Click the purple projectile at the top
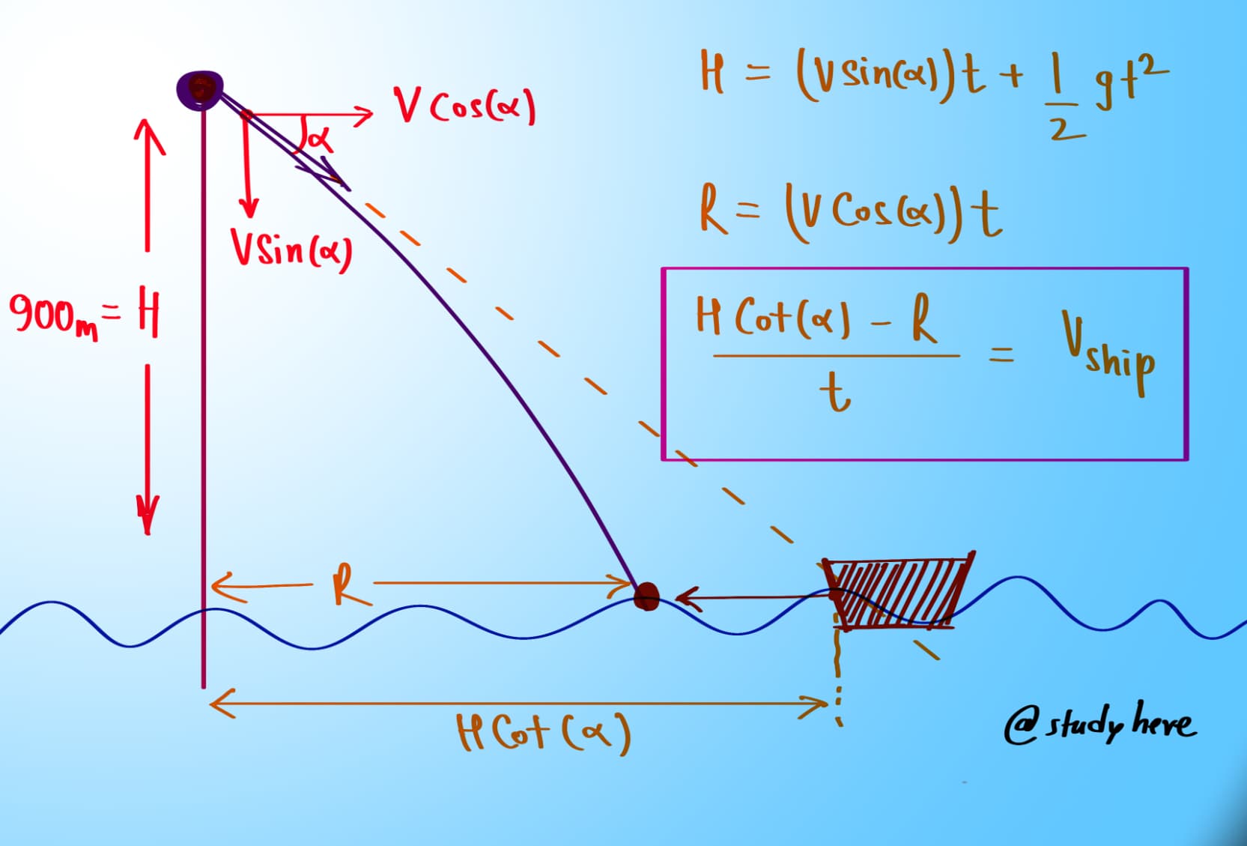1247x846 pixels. [200, 89]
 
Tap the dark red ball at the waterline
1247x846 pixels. [646, 597]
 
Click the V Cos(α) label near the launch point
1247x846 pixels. [465, 106]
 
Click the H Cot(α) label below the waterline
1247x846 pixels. [544, 732]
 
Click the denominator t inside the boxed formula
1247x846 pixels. [834, 393]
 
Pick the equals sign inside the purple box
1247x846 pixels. [1002, 354]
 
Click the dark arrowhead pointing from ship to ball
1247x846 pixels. [686, 598]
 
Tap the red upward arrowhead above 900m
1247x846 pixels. [148, 135]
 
